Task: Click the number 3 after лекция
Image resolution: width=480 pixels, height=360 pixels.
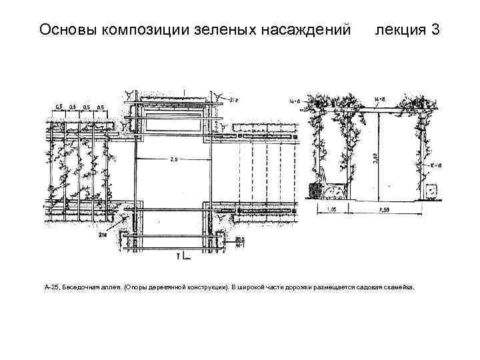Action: tap(435, 30)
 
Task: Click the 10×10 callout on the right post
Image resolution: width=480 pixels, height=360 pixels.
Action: tap(437, 163)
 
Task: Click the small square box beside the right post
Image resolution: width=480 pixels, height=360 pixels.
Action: tap(432, 191)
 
